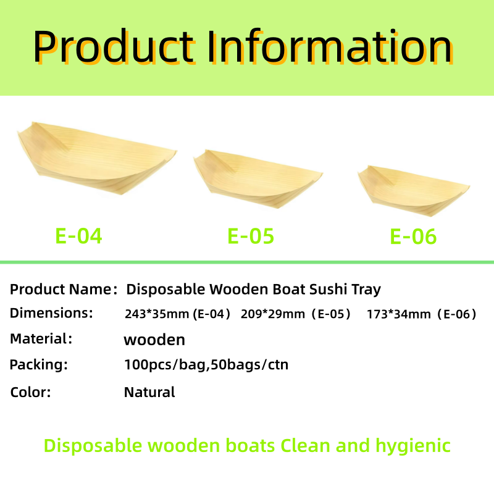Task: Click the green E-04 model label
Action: (x=79, y=236)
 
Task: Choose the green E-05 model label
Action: (x=251, y=236)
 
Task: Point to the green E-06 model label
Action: (x=413, y=237)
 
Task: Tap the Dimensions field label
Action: (x=51, y=313)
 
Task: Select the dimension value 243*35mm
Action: (x=157, y=314)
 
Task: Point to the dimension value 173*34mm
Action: (x=398, y=314)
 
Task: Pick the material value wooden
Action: (x=154, y=340)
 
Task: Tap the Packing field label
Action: (x=38, y=364)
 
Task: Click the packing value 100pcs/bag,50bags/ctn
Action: (x=206, y=365)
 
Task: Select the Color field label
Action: (x=30, y=391)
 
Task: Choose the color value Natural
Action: (x=149, y=391)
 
